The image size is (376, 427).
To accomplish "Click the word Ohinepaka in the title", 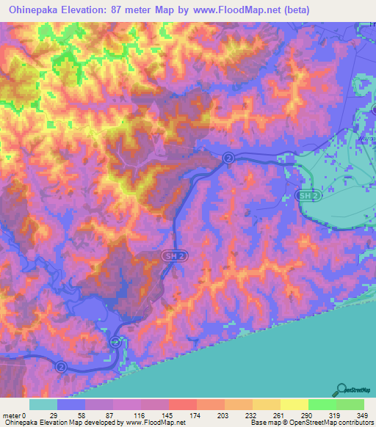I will coord(35,10).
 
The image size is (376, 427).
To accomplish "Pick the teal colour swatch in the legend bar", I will coord(43,405).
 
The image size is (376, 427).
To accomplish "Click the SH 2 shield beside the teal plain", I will coord(308,197).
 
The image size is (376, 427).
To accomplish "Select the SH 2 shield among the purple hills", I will coord(171,254).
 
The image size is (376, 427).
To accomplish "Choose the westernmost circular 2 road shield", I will coord(61,365).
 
